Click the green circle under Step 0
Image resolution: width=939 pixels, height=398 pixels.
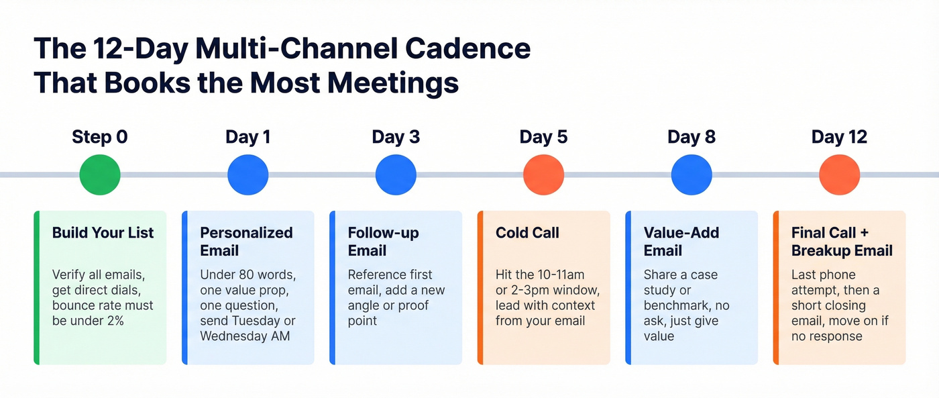click(100, 175)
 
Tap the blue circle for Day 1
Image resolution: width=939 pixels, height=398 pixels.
click(248, 175)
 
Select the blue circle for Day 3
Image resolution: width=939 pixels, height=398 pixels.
click(396, 175)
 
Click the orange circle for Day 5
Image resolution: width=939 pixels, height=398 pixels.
click(543, 175)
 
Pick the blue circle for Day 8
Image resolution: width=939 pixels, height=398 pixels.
click(692, 175)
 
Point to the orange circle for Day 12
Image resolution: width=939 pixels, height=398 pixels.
click(839, 175)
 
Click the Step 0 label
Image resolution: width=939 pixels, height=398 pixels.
click(100, 137)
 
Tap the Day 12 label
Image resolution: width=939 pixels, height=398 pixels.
click(839, 137)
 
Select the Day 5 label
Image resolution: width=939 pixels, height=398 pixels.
click(543, 137)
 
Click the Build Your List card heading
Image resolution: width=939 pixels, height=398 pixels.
click(103, 233)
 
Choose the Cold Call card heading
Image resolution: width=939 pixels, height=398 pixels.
click(527, 233)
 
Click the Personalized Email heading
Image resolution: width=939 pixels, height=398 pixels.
click(246, 242)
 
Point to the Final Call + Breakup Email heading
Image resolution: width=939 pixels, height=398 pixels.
click(842, 242)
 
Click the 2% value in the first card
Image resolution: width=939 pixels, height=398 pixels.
click(115, 321)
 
